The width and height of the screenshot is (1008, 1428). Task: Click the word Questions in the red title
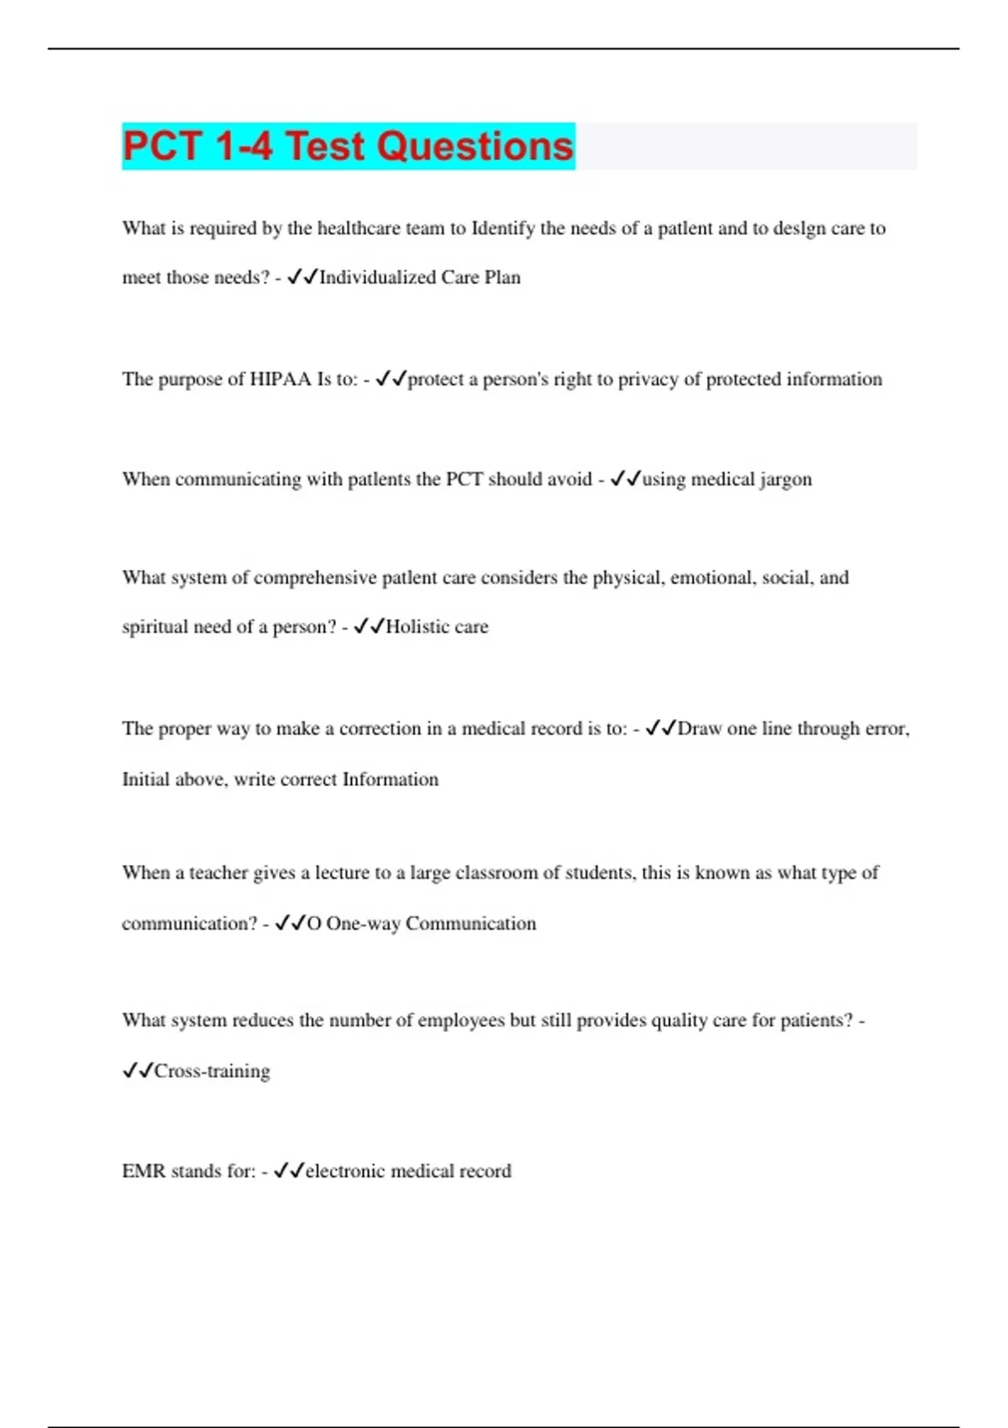tap(475, 146)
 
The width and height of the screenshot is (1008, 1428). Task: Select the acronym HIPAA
tap(281, 379)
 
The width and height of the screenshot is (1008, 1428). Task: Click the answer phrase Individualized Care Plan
tap(420, 277)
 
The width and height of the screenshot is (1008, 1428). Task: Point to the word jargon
tap(785, 480)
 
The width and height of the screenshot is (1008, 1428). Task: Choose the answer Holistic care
tap(437, 627)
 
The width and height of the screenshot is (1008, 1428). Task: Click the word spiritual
tap(155, 627)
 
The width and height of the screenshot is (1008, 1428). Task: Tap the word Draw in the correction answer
tap(699, 728)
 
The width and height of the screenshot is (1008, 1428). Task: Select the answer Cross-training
tap(213, 1071)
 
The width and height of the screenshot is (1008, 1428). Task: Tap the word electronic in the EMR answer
tap(345, 1171)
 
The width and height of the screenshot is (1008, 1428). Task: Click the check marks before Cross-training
tap(138, 1071)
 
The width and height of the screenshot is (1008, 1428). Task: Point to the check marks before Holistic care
tap(369, 627)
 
